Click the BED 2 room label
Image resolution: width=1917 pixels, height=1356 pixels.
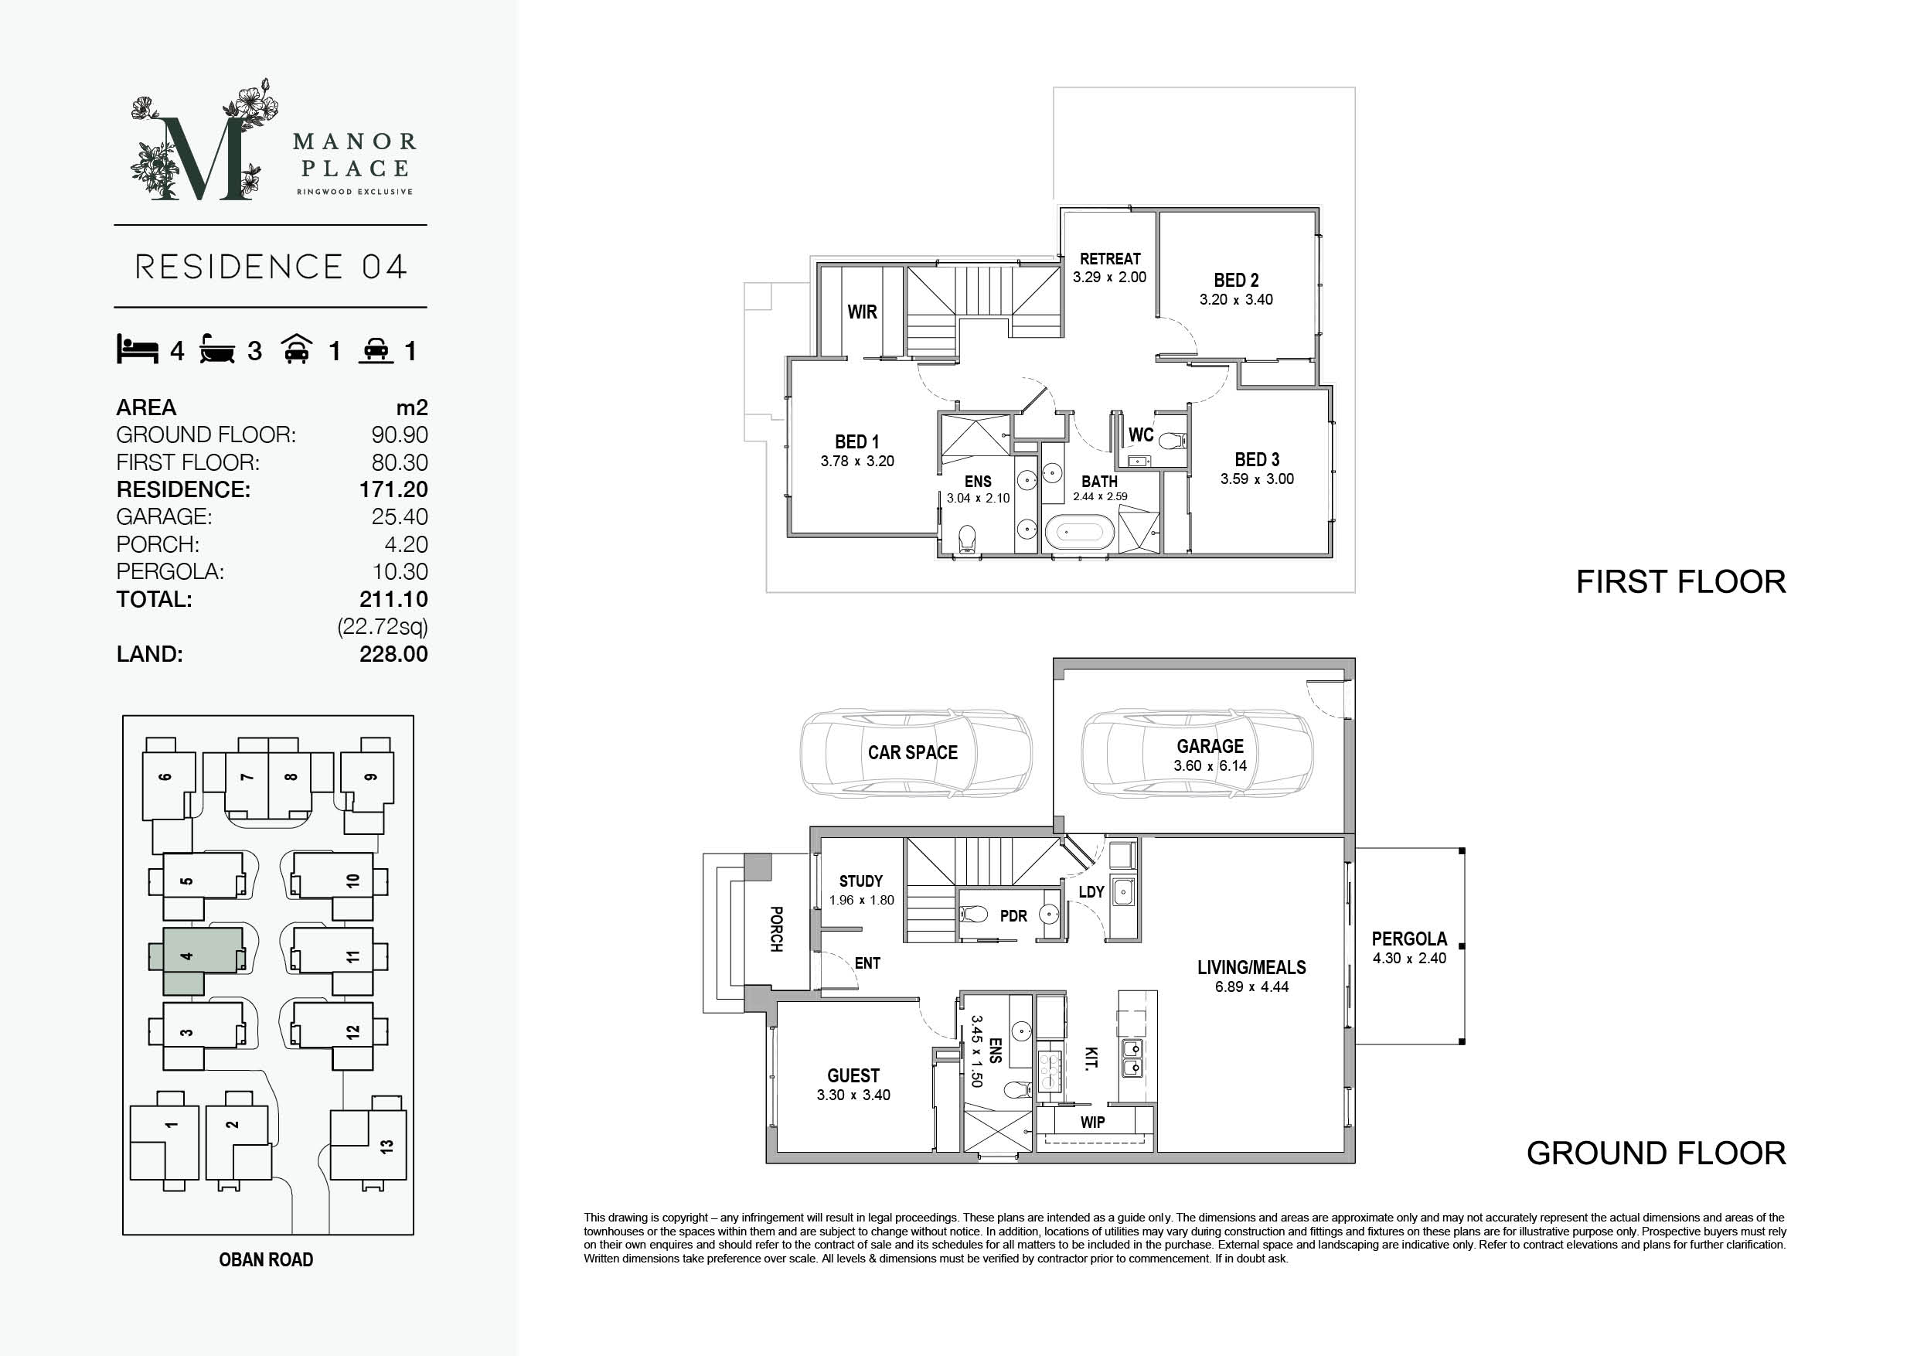[x=1236, y=281]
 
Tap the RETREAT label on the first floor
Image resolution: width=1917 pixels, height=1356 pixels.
[x=1110, y=259]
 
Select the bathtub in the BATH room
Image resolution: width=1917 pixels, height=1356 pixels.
[x=1080, y=532]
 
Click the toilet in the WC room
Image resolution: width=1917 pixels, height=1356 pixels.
[x=1173, y=440]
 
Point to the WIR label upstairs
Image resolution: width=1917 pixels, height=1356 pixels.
[x=862, y=312]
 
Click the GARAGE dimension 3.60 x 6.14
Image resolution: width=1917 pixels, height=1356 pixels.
[x=1210, y=765]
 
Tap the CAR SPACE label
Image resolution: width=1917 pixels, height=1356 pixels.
[x=913, y=752]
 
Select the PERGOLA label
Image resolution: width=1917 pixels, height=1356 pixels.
[x=1409, y=939]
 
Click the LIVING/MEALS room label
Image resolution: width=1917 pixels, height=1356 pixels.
[x=1251, y=968]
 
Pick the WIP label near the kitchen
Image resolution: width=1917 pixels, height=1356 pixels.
[x=1092, y=1123]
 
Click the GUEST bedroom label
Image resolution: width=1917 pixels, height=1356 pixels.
[x=853, y=1075]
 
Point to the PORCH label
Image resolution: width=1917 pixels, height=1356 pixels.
[x=775, y=929]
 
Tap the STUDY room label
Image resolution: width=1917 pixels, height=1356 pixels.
[x=861, y=881]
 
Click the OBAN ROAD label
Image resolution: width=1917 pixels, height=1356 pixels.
[x=265, y=1260]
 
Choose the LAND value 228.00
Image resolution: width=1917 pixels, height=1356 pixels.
[x=393, y=654]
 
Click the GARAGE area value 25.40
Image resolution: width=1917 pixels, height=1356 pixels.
[x=399, y=517]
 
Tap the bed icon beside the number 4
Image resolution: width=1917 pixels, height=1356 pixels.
[x=137, y=349]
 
